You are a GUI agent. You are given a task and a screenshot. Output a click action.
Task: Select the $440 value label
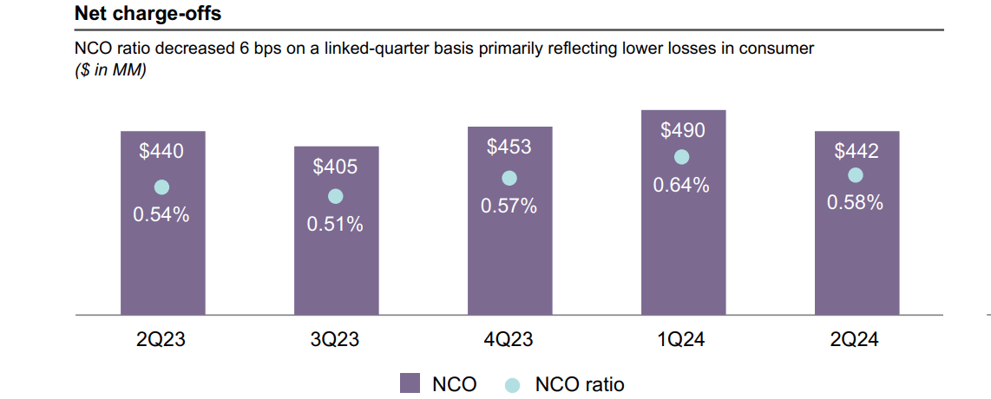pos(161,152)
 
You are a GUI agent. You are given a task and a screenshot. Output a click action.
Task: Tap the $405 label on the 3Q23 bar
pos(335,167)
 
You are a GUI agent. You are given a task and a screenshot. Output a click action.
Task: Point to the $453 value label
pos(509,147)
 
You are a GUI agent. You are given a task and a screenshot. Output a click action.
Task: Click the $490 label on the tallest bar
pos(682,130)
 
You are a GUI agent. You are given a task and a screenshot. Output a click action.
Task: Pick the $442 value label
pos(856,152)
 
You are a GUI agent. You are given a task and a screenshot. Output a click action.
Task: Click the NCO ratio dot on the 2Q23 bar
pos(161,187)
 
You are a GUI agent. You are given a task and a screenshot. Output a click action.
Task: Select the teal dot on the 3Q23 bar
pos(335,197)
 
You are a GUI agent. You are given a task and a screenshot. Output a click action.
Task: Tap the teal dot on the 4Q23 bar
pos(509,178)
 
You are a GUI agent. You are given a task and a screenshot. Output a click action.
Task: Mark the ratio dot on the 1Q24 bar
pos(682,157)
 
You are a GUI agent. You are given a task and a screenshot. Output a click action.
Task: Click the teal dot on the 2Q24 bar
pos(856,175)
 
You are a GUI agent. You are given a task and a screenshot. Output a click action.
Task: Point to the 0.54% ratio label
pos(161,215)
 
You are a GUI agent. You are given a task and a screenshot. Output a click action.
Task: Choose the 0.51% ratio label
pos(335,225)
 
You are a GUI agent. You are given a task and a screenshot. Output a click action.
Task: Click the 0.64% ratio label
pos(682,185)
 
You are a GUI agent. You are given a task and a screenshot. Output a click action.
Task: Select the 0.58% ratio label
pos(856,203)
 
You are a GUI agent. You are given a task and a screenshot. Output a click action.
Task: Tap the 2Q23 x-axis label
pos(161,340)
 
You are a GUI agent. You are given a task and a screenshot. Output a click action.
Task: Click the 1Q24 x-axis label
pos(682,340)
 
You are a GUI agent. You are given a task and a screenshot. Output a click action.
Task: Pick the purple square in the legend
pos(410,383)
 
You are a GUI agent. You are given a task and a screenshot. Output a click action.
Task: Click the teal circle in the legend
pos(513,383)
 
